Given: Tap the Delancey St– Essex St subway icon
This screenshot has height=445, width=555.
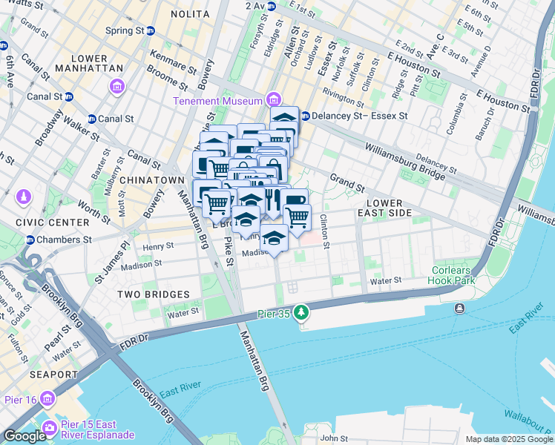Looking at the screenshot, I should point(305,116).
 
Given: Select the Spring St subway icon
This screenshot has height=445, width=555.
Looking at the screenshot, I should point(151,31).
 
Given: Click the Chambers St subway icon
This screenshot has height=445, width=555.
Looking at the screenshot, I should point(30,240).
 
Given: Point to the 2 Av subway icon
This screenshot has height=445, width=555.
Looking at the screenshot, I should point(272,6).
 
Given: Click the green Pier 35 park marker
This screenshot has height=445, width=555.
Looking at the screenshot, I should point(301,313).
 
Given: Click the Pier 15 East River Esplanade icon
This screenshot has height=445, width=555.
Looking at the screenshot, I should point(50,428).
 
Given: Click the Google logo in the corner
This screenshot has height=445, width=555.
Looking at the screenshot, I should point(24,436).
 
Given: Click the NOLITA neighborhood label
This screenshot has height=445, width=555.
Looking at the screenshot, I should point(190,14).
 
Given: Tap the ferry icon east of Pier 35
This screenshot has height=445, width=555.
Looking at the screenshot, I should point(460,308).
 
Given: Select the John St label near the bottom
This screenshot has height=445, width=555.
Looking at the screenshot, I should point(334,439).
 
